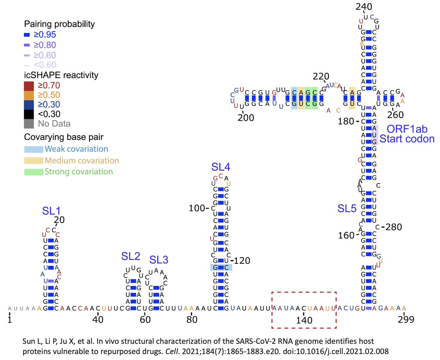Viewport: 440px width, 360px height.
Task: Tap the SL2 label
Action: point(131,256)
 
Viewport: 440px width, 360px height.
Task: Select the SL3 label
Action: point(159,260)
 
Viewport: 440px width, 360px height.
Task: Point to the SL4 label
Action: point(221,167)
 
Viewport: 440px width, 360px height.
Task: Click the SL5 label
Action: point(346,209)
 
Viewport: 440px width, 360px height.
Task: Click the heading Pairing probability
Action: point(59,25)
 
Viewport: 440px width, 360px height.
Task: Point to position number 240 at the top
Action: point(364,7)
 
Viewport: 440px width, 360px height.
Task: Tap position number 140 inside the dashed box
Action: point(305,320)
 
